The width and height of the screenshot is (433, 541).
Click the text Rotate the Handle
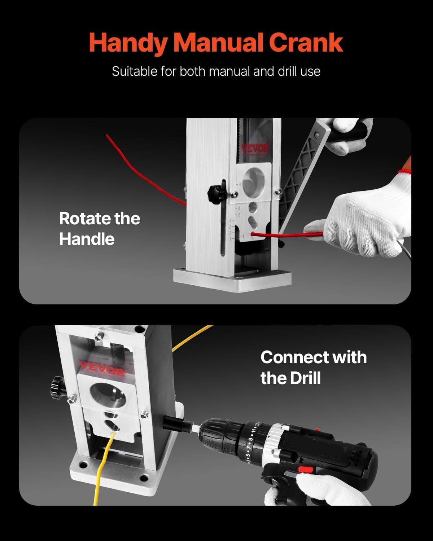tap(99, 229)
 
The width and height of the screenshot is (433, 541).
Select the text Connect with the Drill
tap(313, 368)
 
